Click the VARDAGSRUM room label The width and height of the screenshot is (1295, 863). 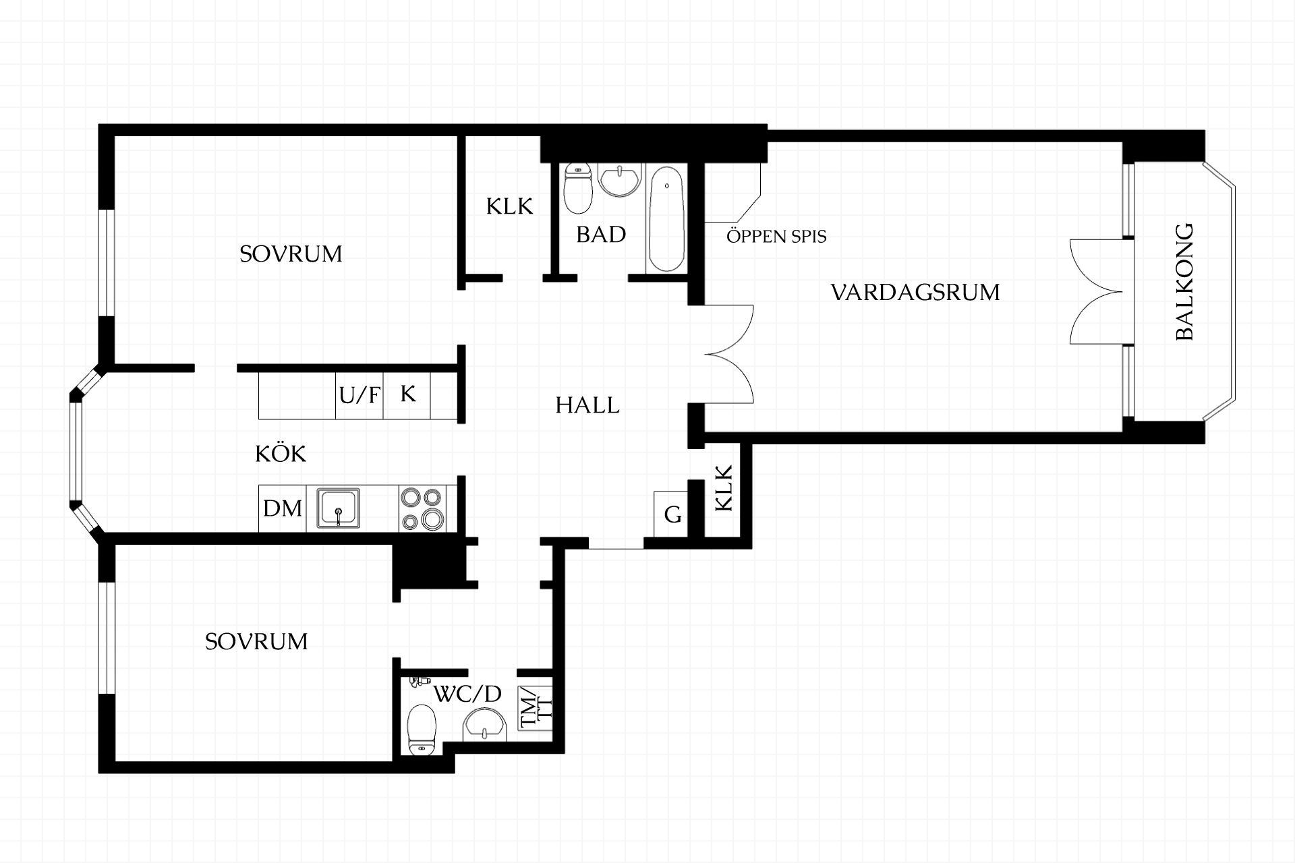[915, 293]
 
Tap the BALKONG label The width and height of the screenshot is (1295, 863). [1184, 282]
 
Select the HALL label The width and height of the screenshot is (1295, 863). [587, 405]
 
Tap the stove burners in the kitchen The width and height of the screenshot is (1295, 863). [422, 508]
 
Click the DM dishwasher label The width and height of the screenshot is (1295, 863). [283, 508]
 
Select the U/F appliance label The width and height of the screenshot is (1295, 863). [359, 394]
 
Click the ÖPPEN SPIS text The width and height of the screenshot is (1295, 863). [776, 237]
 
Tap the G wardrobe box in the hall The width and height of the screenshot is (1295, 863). [671, 514]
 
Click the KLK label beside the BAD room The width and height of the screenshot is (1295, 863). [509, 206]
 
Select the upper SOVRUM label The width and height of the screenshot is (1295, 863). [291, 254]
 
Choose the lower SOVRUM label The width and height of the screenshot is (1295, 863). [256, 641]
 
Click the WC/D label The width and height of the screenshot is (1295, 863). [467, 694]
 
